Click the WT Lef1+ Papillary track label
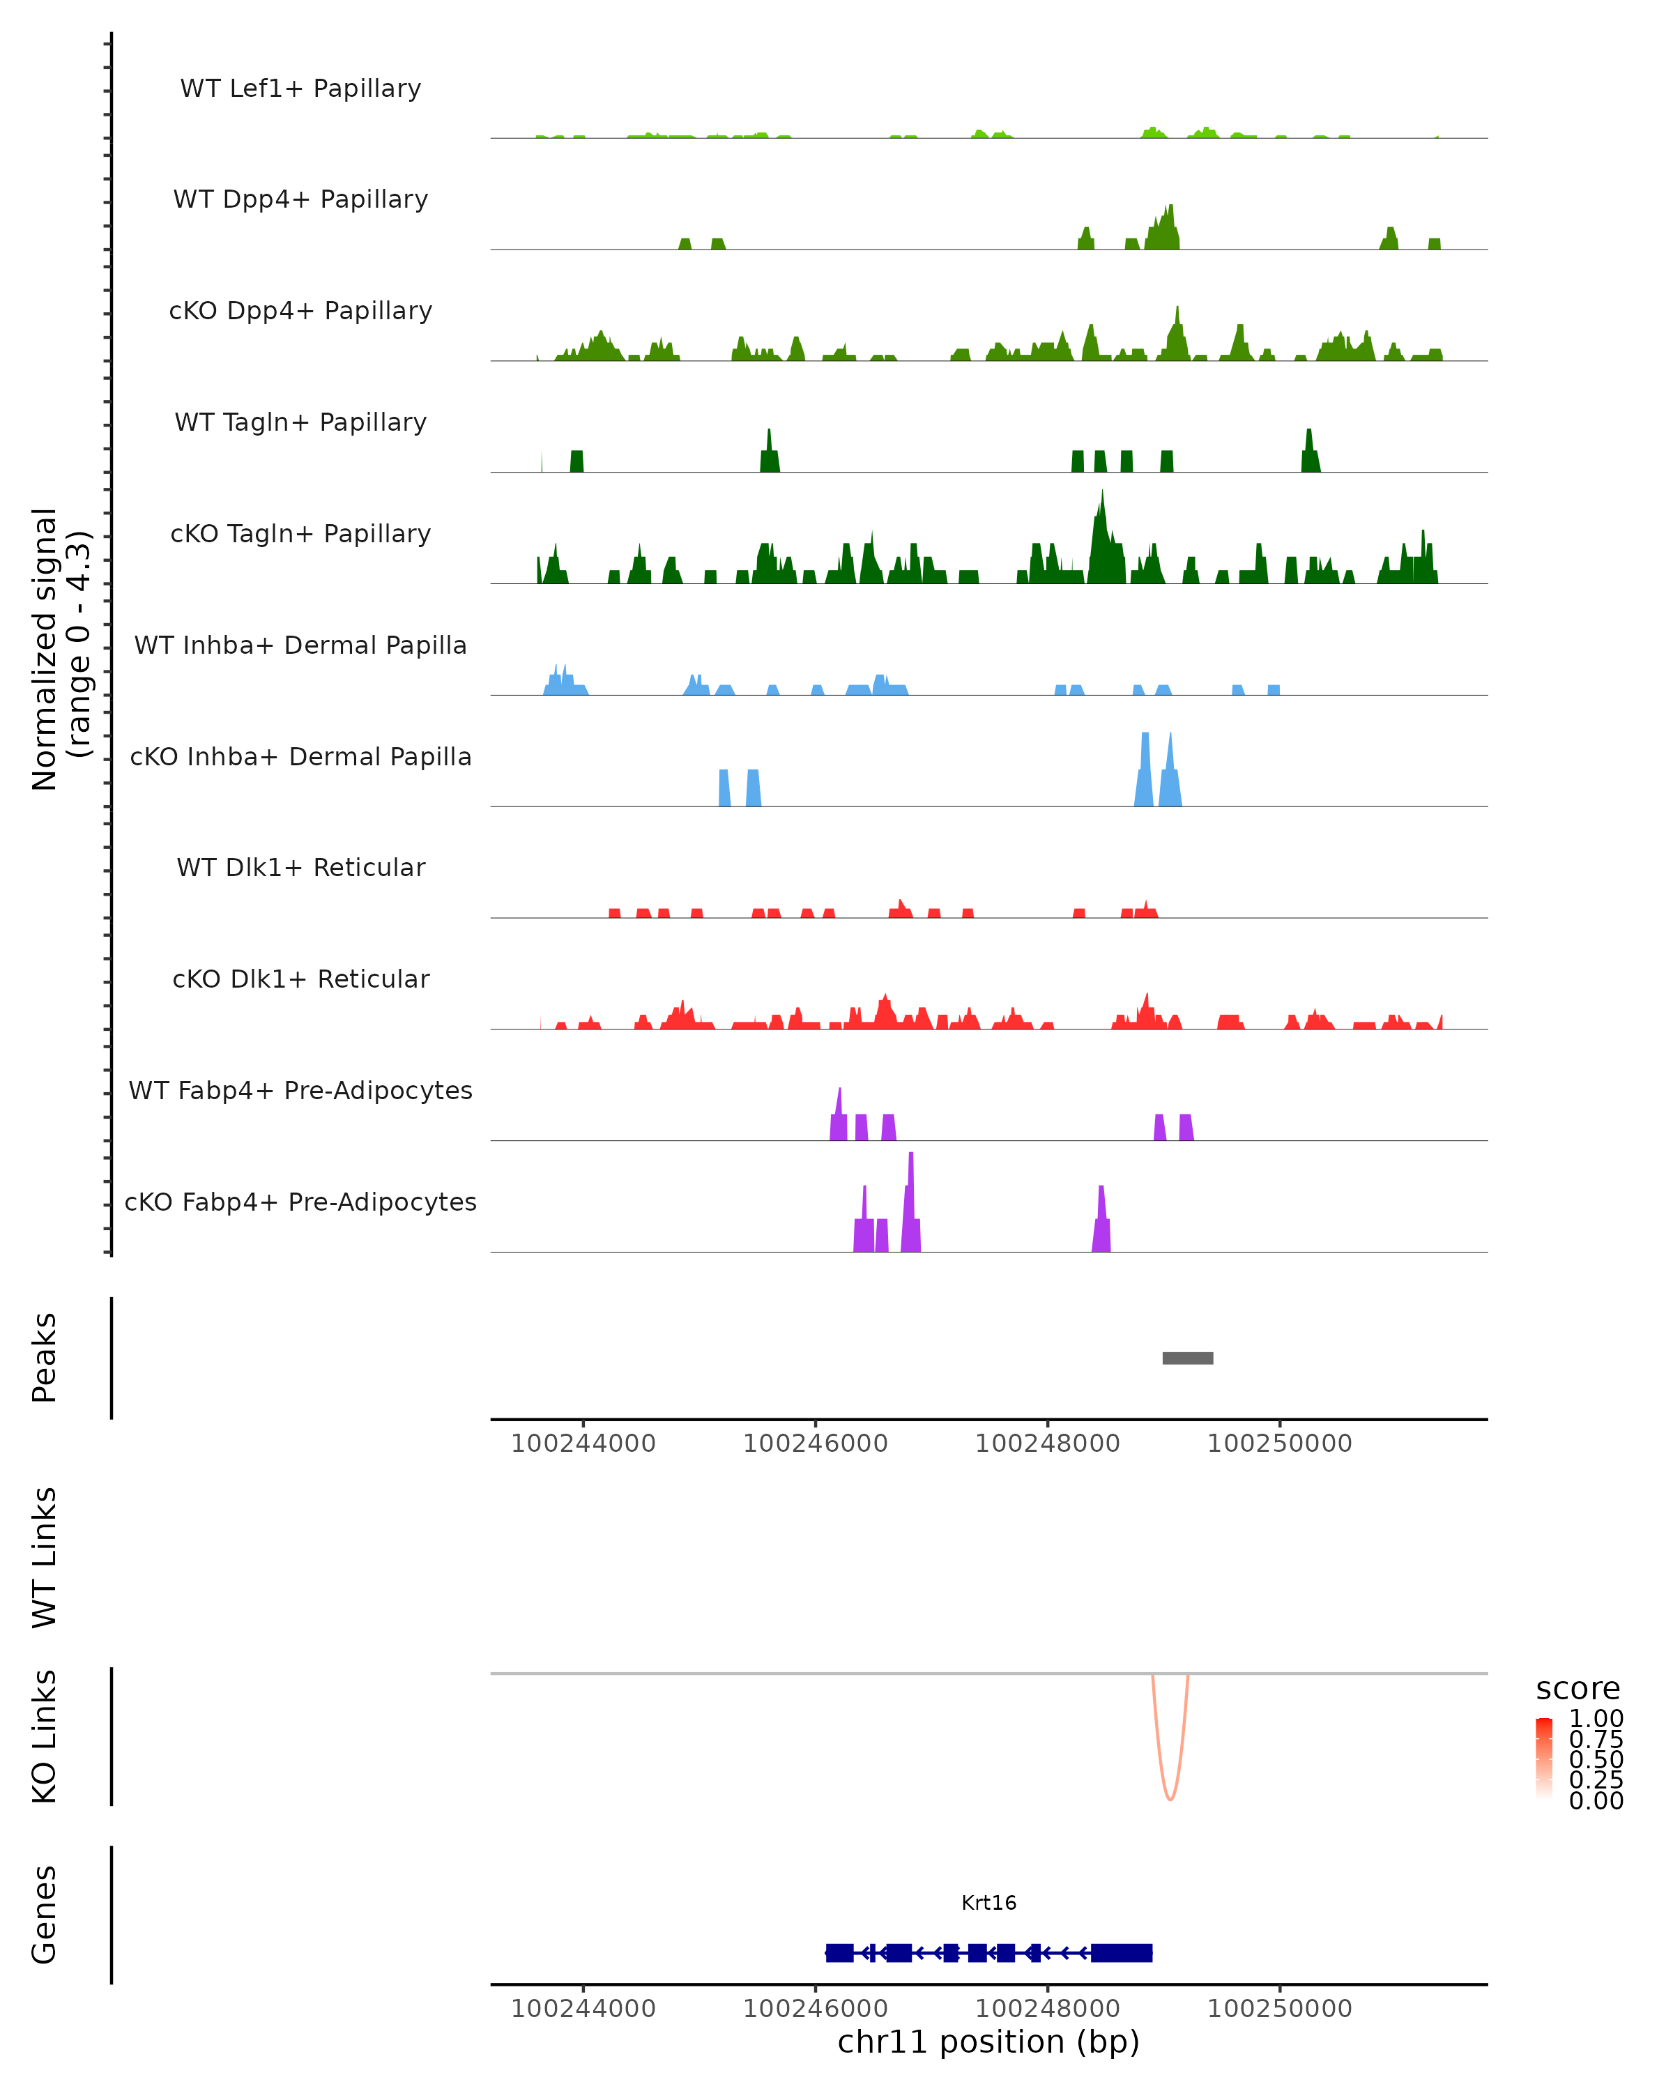[300, 89]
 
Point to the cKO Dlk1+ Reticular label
[300, 979]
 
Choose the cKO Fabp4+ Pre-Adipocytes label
[300, 1202]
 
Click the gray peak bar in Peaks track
[1187, 1358]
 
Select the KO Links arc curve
[1170, 1795]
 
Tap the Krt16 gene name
[988, 1903]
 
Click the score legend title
[1578, 1689]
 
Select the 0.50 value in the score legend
[1596, 1759]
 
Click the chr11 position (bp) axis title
[988, 2042]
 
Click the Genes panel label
[45, 1915]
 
